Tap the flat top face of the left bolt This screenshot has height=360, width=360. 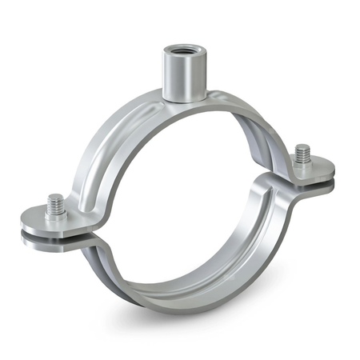point(55,197)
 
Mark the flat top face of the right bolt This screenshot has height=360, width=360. point(302,147)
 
